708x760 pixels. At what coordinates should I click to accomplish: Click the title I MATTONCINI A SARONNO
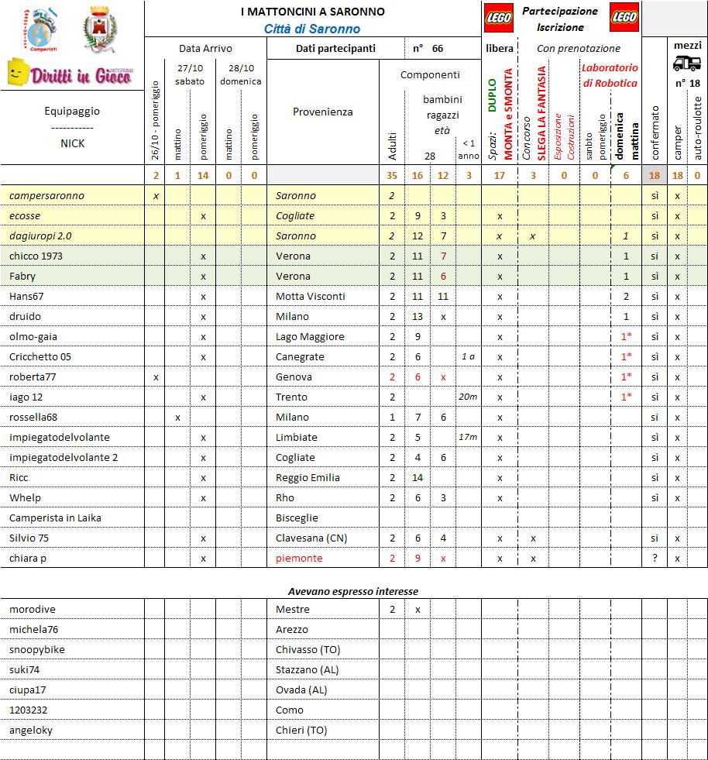coord(312,12)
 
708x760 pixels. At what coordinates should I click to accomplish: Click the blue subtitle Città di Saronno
coord(312,29)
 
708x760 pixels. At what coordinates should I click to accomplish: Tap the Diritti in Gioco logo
coord(71,74)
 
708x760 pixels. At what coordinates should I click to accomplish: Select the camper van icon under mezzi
coord(686,64)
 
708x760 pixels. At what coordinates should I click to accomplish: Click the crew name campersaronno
coord(46,196)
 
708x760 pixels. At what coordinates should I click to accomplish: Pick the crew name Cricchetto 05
coord(40,357)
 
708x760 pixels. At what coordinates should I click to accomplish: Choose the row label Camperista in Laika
coord(55,518)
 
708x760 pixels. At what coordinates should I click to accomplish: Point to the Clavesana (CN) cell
coord(311,538)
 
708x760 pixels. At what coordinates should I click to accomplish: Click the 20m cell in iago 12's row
coord(468,397)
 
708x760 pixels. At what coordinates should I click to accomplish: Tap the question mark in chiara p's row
coord(655,559)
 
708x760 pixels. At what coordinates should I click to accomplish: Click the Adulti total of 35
coord(392,176)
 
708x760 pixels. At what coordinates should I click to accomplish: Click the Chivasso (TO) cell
coord(308,650)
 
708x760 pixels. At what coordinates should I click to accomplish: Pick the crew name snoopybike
coord(37,650)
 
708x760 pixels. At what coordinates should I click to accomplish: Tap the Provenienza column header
coord(322,112)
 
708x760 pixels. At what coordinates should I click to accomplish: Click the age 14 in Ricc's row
coord(418,478)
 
